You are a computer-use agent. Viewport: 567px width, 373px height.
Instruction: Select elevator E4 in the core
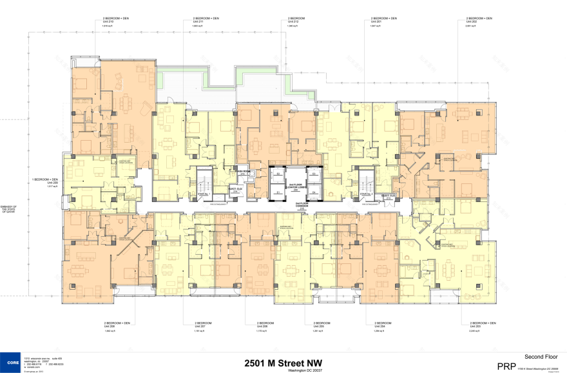[314, 192]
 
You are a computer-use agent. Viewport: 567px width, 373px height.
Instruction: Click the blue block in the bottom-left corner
[10, 362]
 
